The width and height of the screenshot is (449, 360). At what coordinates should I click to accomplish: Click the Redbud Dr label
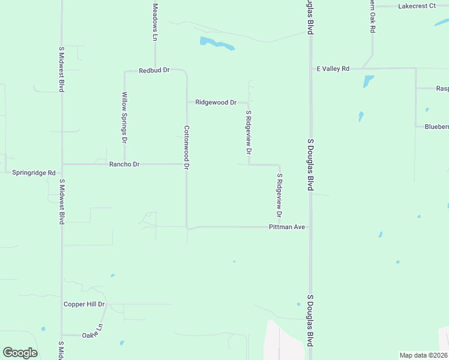154,70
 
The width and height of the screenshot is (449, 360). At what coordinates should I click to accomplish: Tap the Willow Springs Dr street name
125,117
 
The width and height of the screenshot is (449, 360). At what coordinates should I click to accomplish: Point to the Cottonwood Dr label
187,147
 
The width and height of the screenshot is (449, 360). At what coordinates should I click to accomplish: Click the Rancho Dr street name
124,164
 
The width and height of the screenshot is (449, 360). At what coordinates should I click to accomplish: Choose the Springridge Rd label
34,172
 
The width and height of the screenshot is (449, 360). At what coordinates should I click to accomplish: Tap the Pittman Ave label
287,227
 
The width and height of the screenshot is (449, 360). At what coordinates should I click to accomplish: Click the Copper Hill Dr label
84,304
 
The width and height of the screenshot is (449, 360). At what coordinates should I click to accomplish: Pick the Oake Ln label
92,334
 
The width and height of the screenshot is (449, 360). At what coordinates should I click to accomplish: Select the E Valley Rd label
333,69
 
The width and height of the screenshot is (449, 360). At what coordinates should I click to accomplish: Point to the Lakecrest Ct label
416,6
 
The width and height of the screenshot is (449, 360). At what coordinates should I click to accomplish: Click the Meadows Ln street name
155,22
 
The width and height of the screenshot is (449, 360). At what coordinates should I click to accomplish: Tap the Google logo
20,353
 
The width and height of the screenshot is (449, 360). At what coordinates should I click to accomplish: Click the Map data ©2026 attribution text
424,355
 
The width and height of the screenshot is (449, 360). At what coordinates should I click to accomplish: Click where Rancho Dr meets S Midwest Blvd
62,164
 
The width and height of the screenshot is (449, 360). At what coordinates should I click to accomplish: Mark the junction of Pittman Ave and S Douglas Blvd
310,227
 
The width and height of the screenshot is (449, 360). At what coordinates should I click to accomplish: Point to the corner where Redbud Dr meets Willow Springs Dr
125,71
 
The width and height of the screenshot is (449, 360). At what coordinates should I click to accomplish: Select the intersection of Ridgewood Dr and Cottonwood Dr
187,102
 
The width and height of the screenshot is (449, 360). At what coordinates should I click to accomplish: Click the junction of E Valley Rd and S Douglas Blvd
310,69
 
